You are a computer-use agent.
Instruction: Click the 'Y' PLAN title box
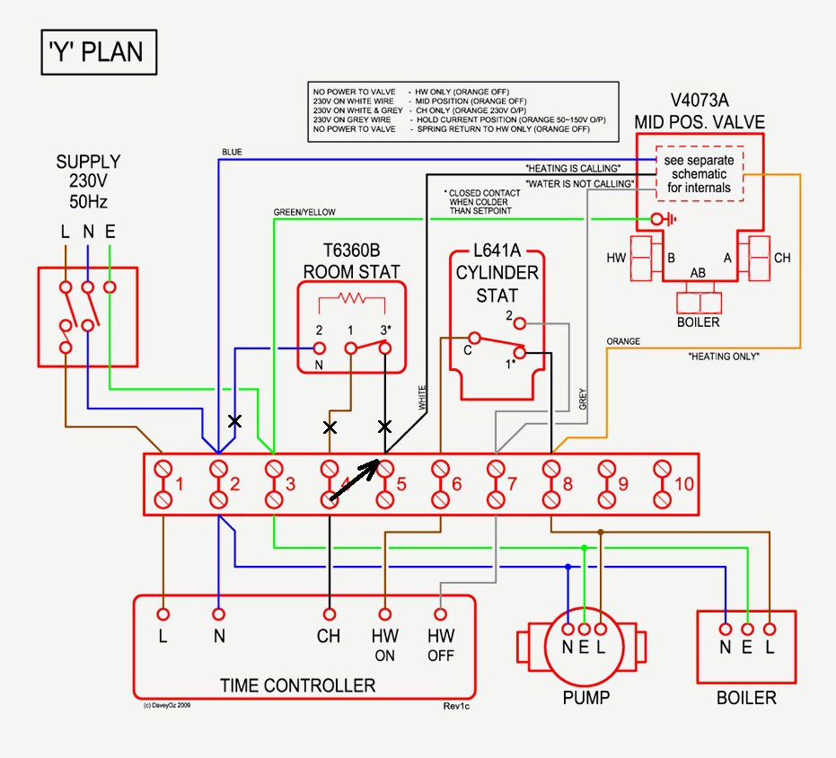[98, 52]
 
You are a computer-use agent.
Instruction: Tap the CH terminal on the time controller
[330, 615]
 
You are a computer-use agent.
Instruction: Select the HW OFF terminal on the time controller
[441, 615]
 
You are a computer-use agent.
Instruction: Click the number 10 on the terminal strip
[683, 484]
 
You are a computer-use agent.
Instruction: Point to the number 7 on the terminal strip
[512, 484]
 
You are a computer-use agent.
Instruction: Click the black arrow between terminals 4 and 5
[355, 481]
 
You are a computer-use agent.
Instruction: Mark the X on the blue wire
[235, 420]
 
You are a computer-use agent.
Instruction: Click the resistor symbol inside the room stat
[352, 299]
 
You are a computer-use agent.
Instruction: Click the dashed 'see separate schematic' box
[700, 173]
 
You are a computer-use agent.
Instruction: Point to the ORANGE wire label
[623, 342]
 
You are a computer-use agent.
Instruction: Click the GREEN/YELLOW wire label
[304, 212]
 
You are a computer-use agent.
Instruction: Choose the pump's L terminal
[602, 630]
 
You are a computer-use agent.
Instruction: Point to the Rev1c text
[457, 706]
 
